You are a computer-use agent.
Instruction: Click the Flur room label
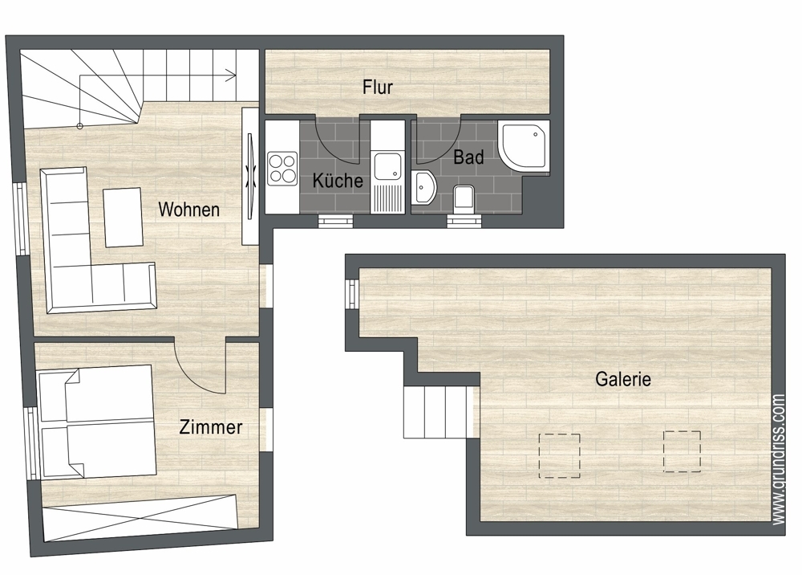(378, 87)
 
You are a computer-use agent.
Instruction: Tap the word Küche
(338, 180)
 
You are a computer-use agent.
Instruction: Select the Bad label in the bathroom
(468, 157)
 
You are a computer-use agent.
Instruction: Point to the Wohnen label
(188, 210)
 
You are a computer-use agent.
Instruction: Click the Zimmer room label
(210, 427)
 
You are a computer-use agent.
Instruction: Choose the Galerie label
(623, 379)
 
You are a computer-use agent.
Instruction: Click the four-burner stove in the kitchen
(282, 169)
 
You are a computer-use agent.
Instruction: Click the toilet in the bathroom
(464, 198)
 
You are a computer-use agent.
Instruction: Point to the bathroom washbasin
(424, 187)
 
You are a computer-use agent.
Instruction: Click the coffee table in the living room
(123, 217)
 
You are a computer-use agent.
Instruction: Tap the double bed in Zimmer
(97, 422)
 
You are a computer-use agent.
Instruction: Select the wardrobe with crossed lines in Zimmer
(140, 517)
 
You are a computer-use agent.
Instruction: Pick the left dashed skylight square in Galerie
(559, 455)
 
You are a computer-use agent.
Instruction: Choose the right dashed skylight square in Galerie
(682, 451)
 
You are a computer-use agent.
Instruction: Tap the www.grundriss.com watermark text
(778, 459)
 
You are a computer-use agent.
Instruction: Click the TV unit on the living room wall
(250, 176)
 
